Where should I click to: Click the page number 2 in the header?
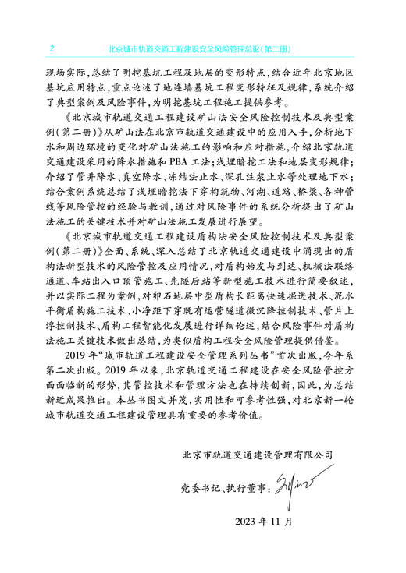click(x=52, y=49)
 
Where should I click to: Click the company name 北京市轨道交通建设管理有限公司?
click(x=257, y=453)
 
